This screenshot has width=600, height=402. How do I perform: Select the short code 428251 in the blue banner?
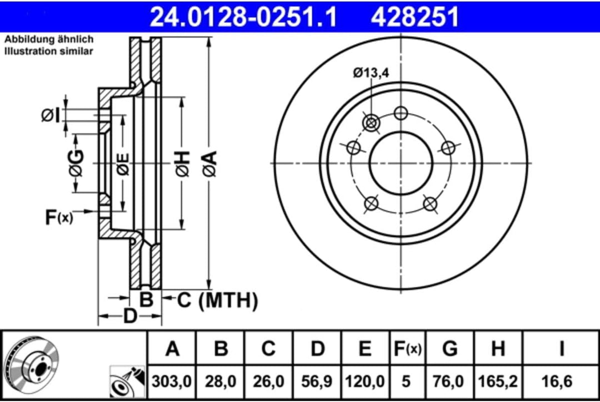pos(416,16)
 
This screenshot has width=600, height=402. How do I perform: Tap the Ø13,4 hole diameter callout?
pos(371,73)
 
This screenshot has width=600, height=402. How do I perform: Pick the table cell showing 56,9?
pos(317,381)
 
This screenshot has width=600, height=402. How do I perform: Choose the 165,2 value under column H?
pos(498,381)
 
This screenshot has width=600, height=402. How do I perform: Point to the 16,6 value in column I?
pos(562,381)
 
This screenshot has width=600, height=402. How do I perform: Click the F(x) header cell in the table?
pos(407,348)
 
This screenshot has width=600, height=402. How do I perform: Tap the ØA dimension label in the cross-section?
pos(209,164)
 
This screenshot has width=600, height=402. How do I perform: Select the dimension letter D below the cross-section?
pos(129,316)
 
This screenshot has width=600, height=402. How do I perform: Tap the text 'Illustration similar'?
pos(49,51)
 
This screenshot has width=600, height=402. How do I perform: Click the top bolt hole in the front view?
pos(401,113)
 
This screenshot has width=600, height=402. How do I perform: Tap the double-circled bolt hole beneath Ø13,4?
pos(371,121)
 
